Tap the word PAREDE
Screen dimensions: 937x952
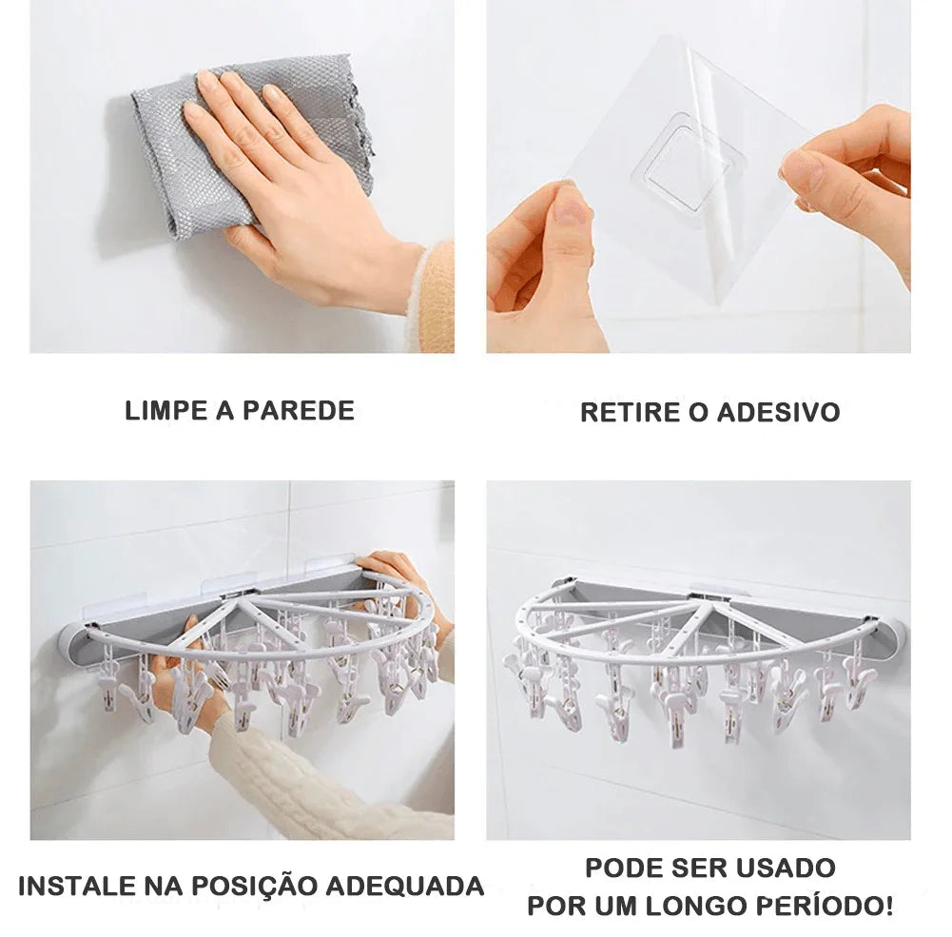click(x=298, y=411)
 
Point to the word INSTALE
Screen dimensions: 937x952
click(x=77, y=887)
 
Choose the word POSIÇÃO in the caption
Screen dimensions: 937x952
click(x=253, y=887)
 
